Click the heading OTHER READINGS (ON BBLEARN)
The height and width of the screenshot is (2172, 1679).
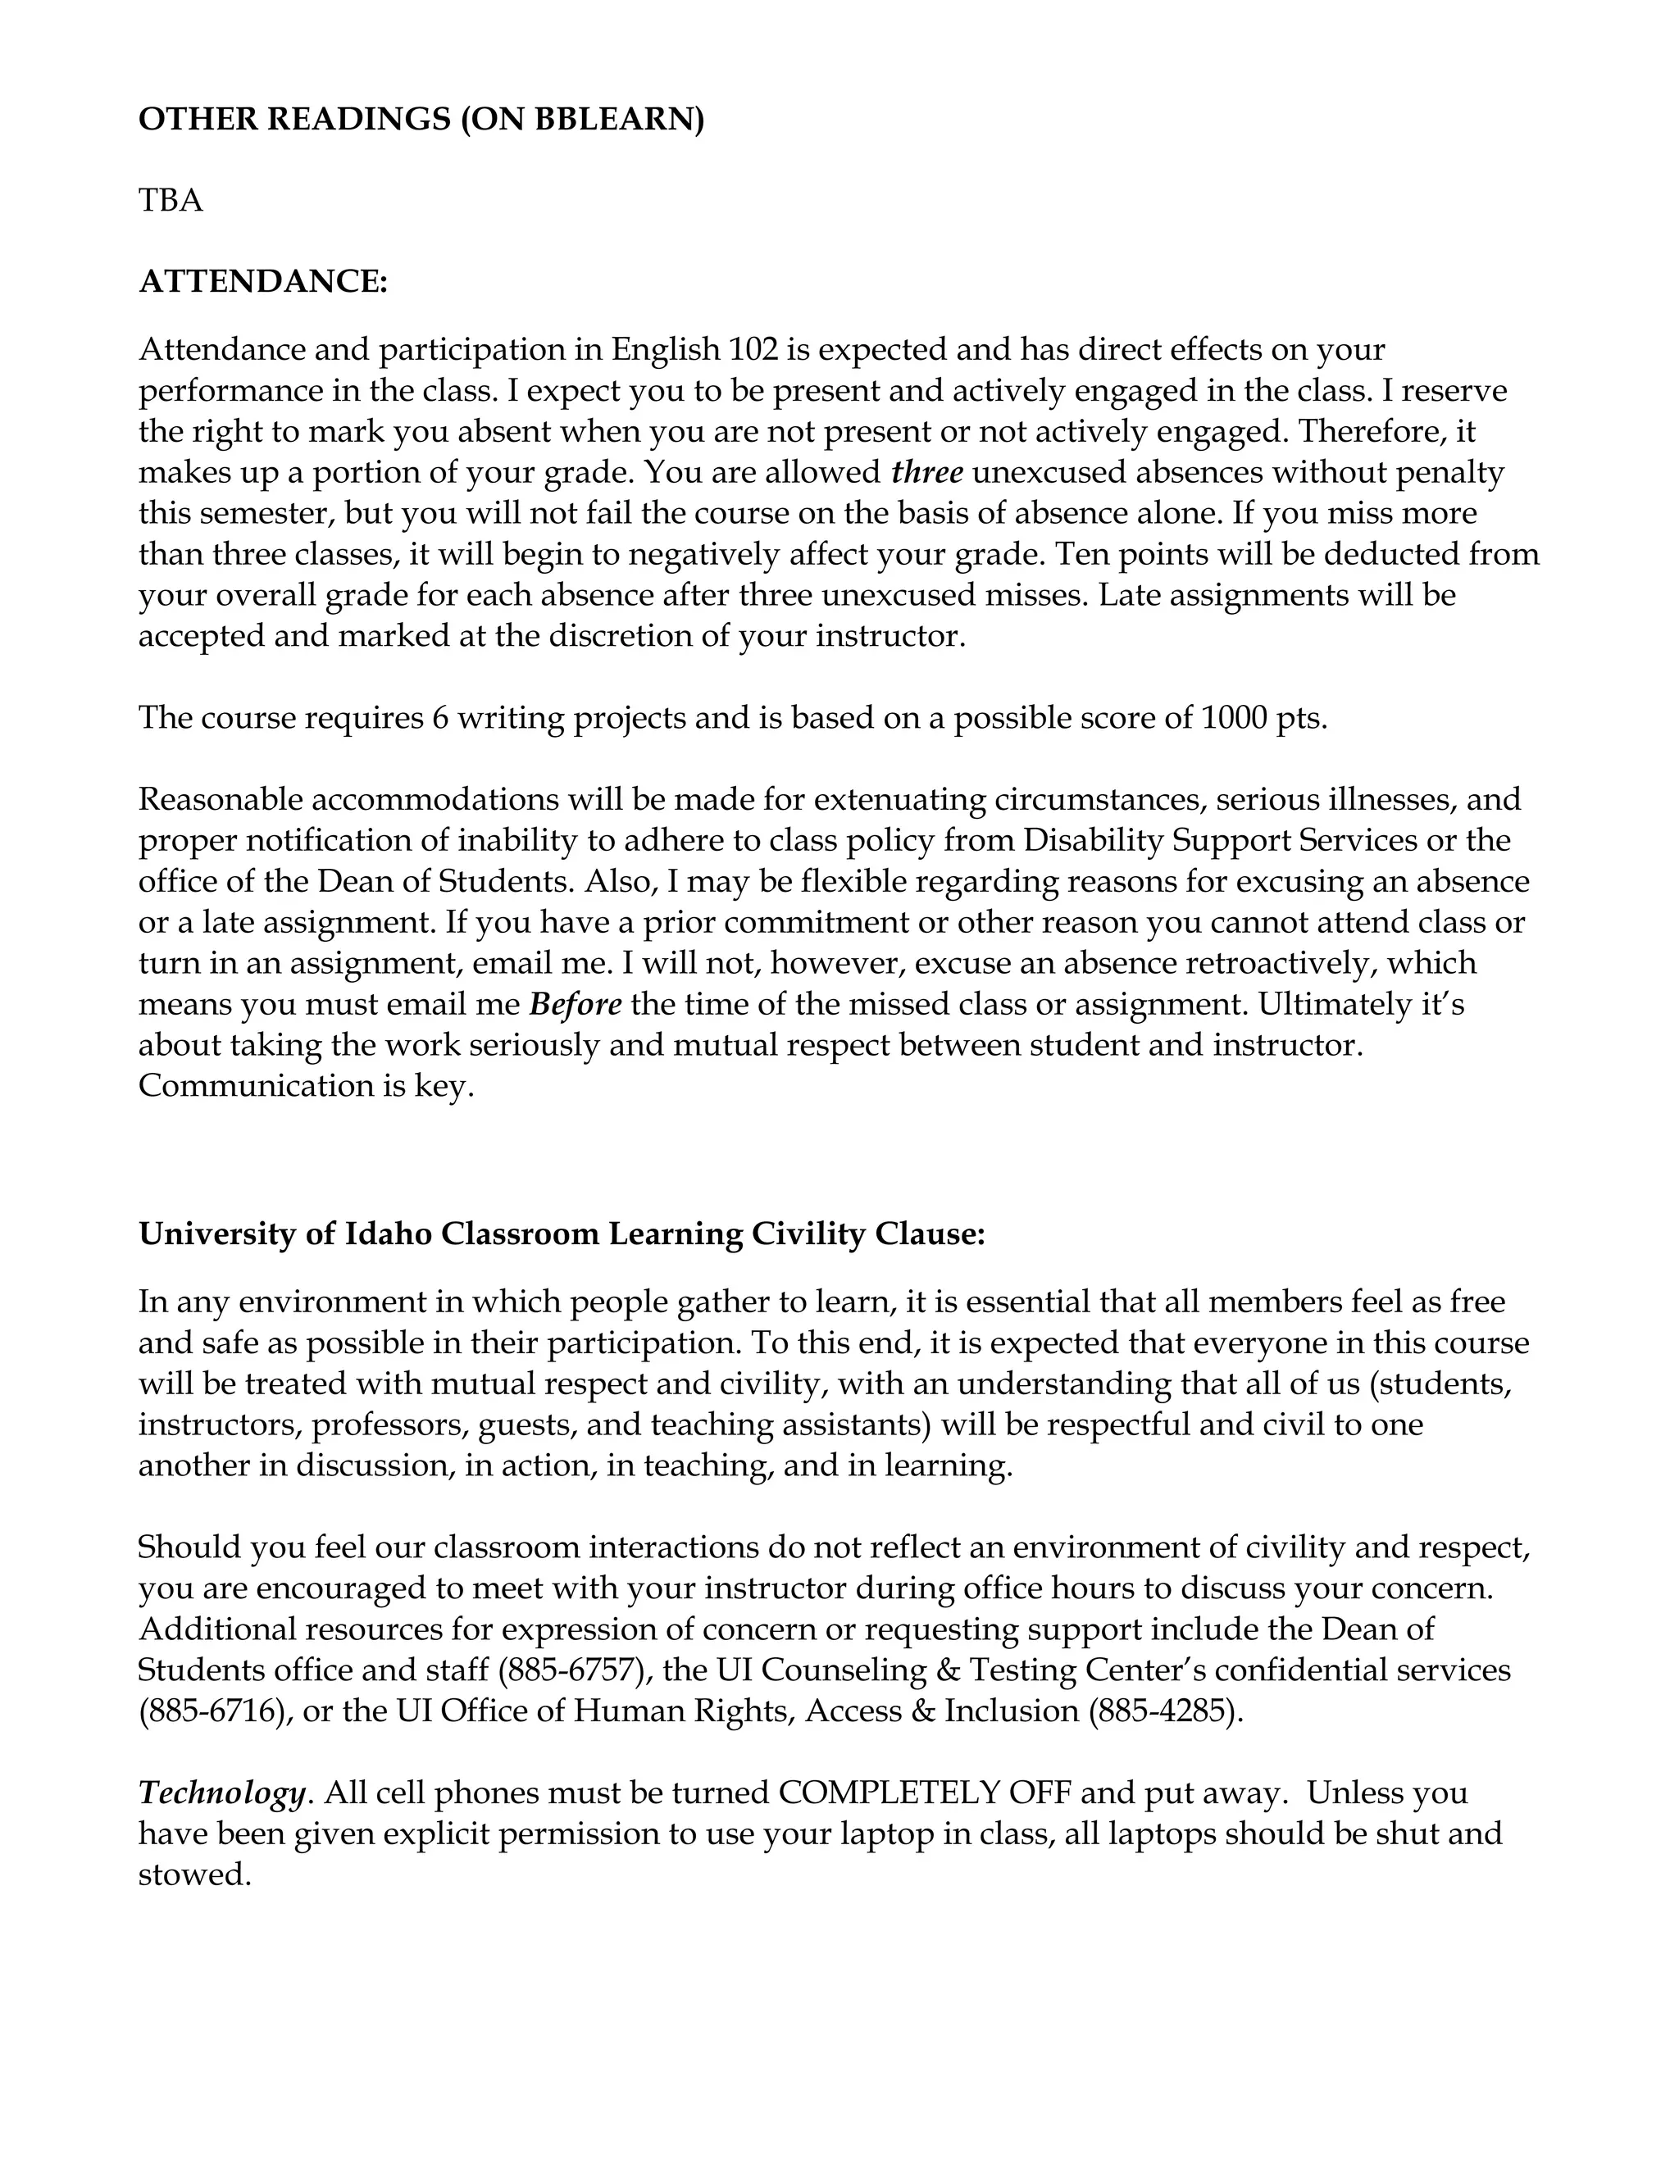click(421, 120)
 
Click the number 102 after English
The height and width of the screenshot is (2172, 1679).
click(753, 350)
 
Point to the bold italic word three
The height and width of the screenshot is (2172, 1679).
click(927, 472)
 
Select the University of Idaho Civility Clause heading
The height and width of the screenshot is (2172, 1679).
click(561, 1234)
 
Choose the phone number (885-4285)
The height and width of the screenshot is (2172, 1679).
click(1166, 1711)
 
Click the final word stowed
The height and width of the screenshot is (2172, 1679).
click(193, 1874)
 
